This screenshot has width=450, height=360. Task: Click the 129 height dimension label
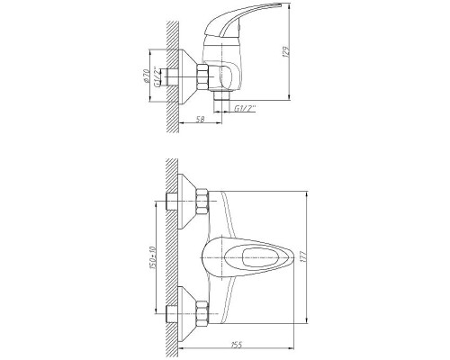[286, 51]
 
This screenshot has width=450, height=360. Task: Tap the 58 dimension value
[200, 119]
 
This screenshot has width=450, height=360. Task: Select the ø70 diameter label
[147, 76]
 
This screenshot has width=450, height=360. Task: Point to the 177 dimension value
[303, 257]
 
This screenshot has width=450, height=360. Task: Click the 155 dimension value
[237, 345]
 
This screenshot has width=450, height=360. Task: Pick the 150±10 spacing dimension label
[152, 257]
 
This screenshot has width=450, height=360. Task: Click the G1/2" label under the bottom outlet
[245, 108]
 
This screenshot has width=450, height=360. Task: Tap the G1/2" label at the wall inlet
[157, 76]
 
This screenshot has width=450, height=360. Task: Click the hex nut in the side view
[202, 76]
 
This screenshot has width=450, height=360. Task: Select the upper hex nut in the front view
[202, 202]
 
